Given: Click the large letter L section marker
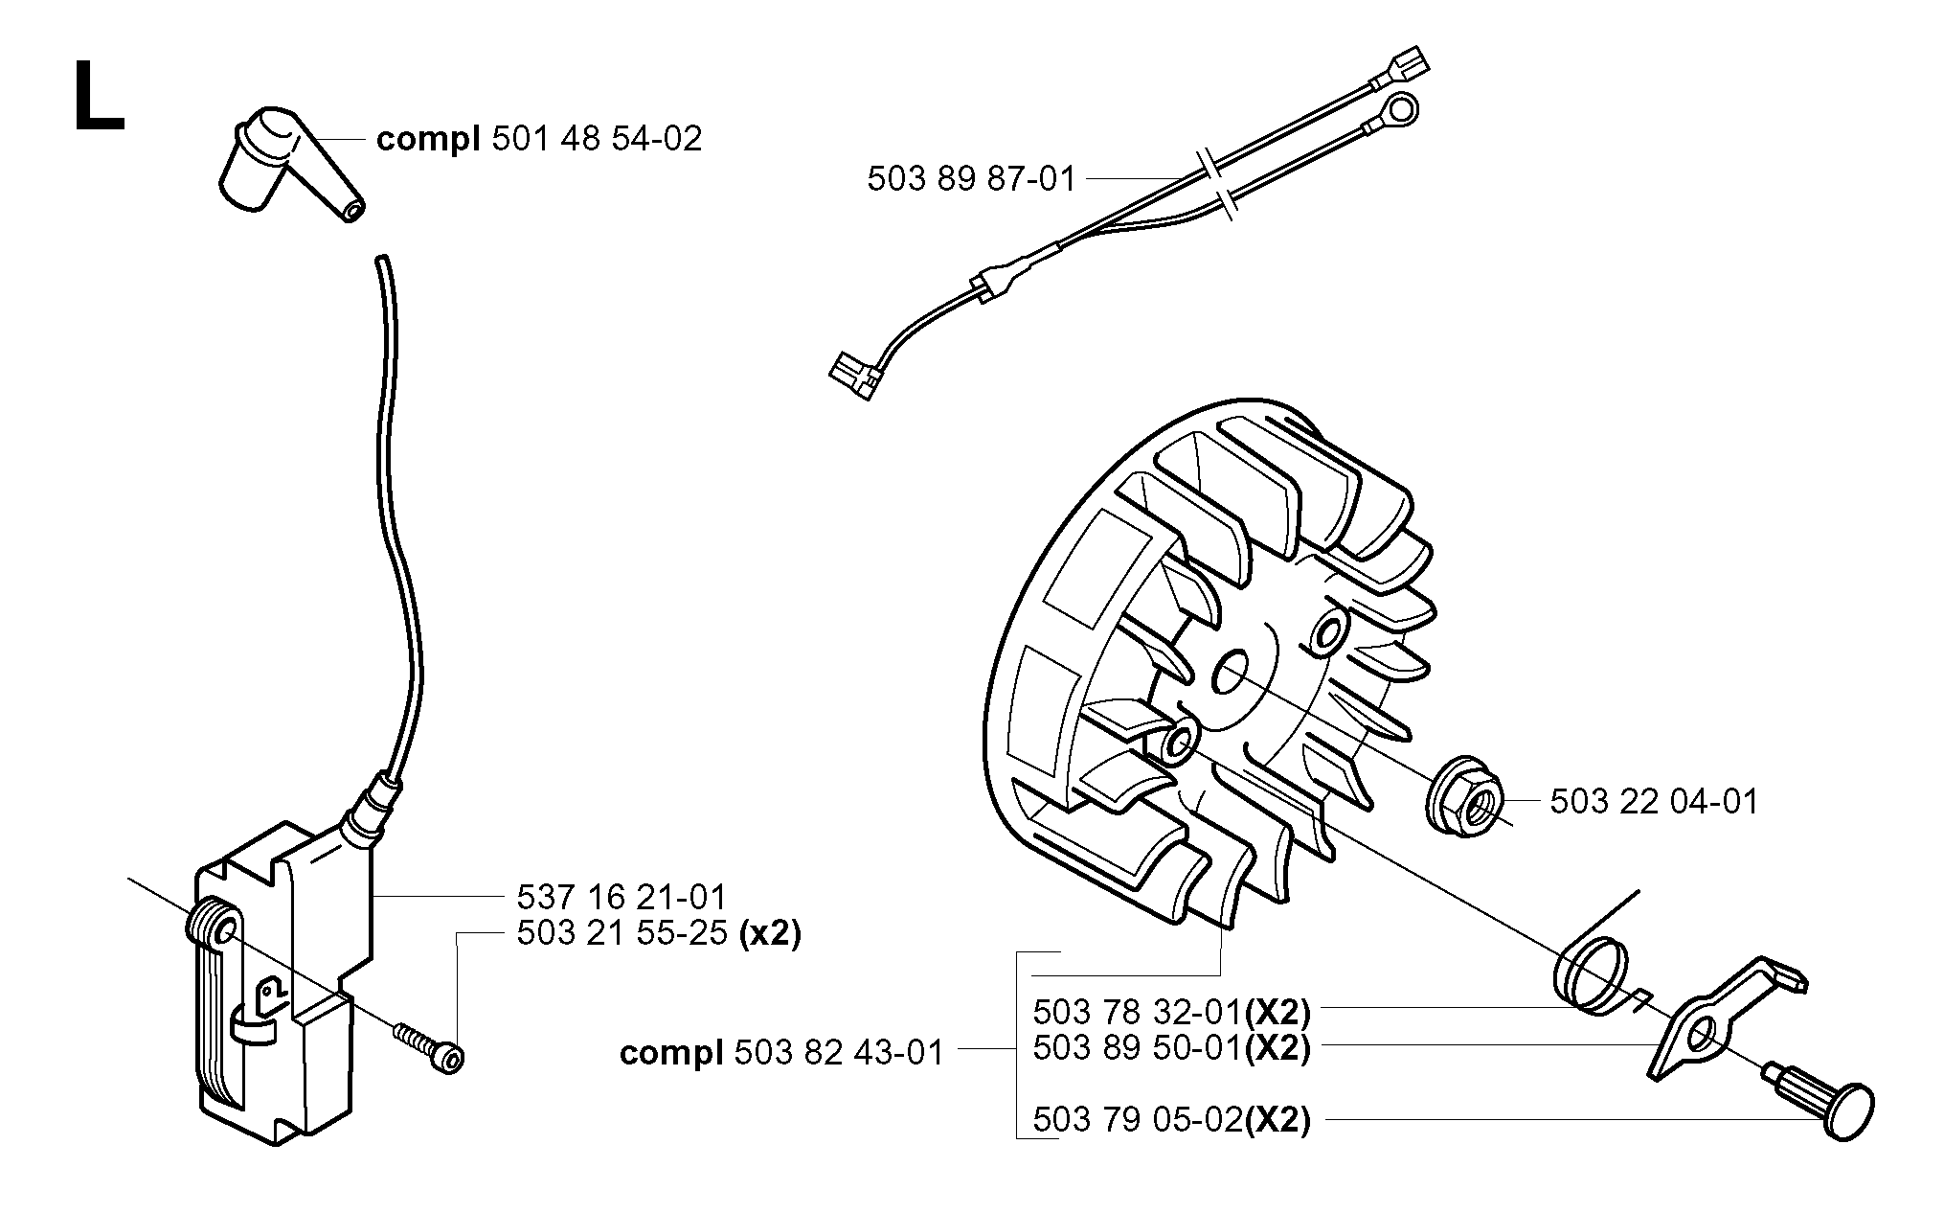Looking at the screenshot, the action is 99,96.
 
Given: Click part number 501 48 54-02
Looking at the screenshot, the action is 597,139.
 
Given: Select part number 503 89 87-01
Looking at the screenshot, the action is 972,179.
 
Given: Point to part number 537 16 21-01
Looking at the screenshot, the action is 622,898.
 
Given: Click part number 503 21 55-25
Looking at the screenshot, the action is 622,932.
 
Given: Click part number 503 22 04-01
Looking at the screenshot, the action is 1655,801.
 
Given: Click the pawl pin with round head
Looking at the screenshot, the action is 1821,1102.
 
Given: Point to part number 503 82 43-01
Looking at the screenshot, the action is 840,1053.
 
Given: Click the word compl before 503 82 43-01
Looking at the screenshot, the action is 671,1053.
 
